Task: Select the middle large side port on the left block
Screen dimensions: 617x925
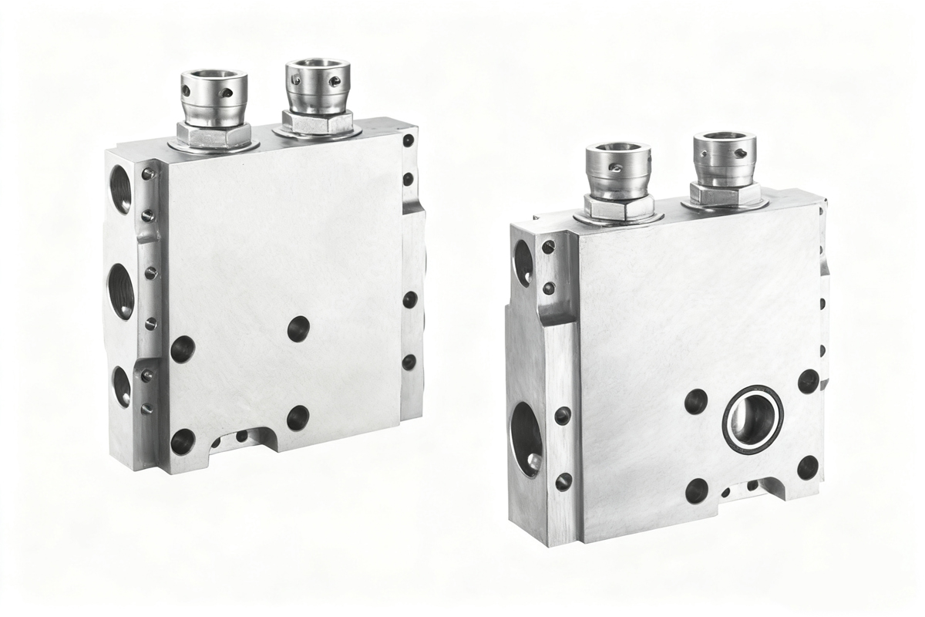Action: click(x=121, y=291)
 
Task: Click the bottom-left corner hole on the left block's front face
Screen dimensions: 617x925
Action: click(x=183, y=441)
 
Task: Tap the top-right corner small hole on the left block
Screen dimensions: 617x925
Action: click(x=408, y=141)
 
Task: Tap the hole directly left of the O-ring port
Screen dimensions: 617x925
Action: click(x=696, y=400)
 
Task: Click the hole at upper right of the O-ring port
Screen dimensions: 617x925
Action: click(x=808, y=381)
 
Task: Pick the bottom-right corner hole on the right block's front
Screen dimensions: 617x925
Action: click(x=808, y=467)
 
